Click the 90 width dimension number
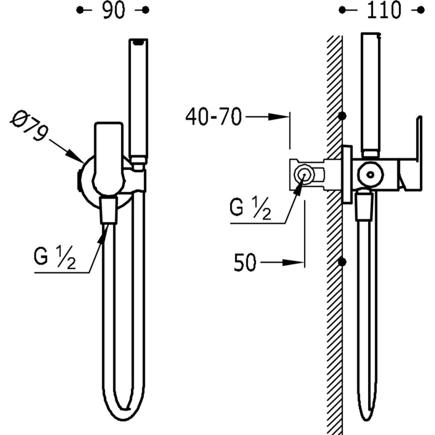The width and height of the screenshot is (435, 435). pyautogui.click(x=114, y=10)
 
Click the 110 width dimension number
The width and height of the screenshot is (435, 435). pyautogui.click(x=383, y=10)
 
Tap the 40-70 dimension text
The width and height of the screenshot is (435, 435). pyautogui.click(x=213, y=117)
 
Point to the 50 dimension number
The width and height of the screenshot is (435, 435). pyautogui.click(x=244, y=263)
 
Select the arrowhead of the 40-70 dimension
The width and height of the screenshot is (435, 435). pyautogui.click(x=283, y=117)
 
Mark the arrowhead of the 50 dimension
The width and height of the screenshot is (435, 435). pyautogui.click(x=298, y=262)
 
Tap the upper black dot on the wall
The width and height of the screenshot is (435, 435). pyautogui.click(x=342, y=116)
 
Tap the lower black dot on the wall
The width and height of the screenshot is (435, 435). pyautogui.click(x=342, y=262)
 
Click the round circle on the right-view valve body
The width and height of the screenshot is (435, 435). pyautogui.click(x=370, y=174)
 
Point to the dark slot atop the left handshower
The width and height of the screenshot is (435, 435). pyautogui.click(x=138, y=42)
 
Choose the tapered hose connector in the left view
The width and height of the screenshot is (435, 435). pyautogui.click(x=108, y=210)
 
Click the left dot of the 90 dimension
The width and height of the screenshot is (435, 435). pyautogui.click(x=79, y=10)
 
